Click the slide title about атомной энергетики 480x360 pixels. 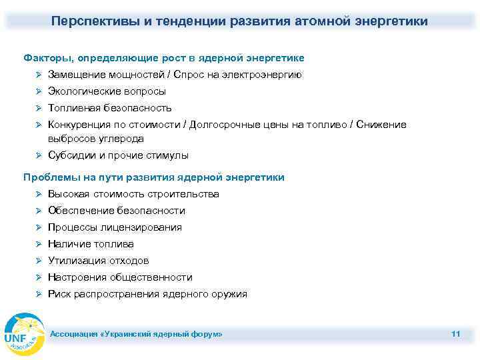[239, 21]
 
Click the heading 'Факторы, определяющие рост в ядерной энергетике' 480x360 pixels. [163, 58]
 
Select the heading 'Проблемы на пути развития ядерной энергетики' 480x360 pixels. [153, 177]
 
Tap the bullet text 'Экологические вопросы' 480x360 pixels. [107, 91]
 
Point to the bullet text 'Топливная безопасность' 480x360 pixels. [110, 108]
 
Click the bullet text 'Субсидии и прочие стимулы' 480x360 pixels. [118, 155]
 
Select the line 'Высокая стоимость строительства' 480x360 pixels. [133, 194]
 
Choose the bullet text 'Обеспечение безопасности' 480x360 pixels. [117, 211]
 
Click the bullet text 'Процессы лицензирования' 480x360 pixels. [115, 227]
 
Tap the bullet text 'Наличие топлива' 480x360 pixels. [91, 244]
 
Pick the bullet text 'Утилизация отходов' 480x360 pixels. [99, 261]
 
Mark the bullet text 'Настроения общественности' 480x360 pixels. [120, 277]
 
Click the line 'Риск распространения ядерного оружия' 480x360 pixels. [147, 294]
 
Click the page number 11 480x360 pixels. [455, 333]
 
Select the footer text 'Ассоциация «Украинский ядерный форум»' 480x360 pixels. [137, 333]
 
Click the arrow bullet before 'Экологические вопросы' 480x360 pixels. [39, 91]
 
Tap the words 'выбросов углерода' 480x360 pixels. [95, 139]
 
